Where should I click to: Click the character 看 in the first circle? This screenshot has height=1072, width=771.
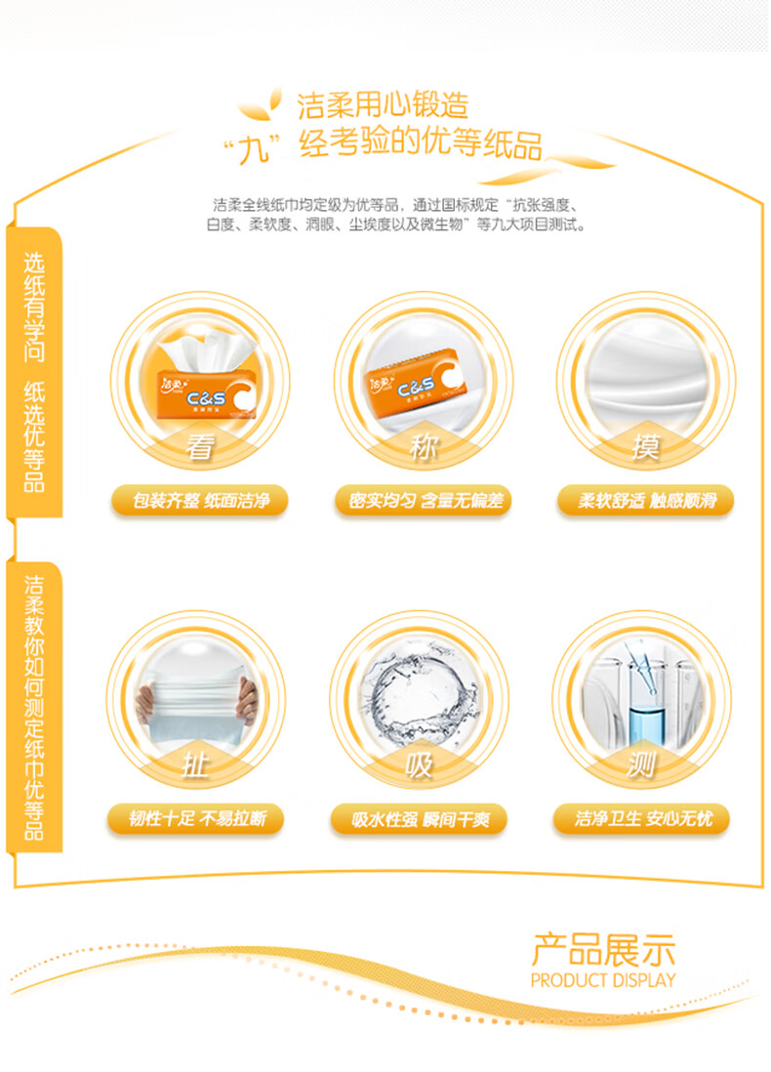(200, 447)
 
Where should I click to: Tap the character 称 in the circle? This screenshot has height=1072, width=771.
(424, 447)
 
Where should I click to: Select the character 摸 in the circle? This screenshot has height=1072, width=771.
(646, 447)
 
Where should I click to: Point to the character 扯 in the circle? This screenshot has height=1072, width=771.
(195, 765)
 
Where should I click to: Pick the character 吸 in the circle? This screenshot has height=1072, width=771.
(419, 765)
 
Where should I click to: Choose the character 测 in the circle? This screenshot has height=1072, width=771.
(641, 765)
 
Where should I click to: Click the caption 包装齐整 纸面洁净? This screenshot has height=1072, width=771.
(200, 501)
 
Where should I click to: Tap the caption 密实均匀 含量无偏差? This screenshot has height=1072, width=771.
(425, 501)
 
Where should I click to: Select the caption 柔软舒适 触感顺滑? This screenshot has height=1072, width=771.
(647, 501)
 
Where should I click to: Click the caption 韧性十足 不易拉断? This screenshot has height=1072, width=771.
(197, 818)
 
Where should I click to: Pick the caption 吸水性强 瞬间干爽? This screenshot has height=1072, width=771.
(421, 819)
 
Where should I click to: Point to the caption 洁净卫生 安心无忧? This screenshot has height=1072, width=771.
(643, 818)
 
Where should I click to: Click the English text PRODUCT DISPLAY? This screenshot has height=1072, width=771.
(603, 980)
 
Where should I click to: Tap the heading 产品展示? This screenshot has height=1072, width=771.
(603, 950)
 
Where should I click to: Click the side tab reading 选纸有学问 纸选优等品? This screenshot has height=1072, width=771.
(34, 372)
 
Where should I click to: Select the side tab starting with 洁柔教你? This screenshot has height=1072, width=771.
(34, 707)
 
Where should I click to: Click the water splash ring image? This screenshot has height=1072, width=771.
(419, 697)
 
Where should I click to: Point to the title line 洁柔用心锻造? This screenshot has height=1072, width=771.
(383, 105)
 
